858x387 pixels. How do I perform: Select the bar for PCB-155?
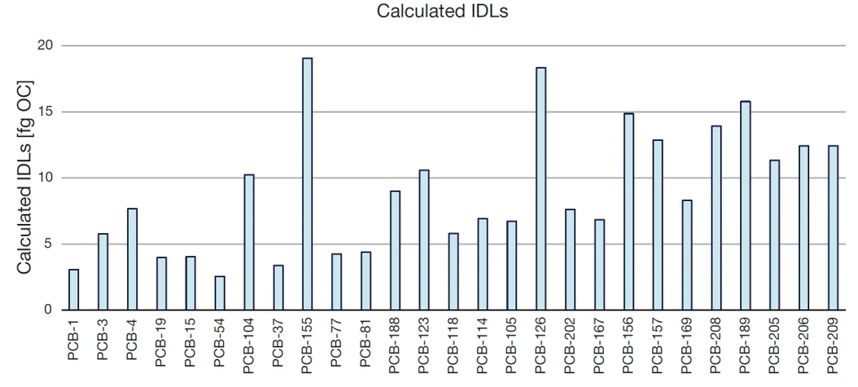[x=307, y=184]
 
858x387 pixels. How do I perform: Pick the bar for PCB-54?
[x=220, y=293]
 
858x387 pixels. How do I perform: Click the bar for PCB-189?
[x=745, y=205]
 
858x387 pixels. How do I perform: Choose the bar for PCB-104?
[x=249, y=242]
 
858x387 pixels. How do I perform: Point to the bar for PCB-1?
[x=74, y=289]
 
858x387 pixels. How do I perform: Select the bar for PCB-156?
[x=628, y=212]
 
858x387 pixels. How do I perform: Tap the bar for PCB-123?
[x=424, y=240]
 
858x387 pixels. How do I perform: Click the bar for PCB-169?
[x=687, y=255]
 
